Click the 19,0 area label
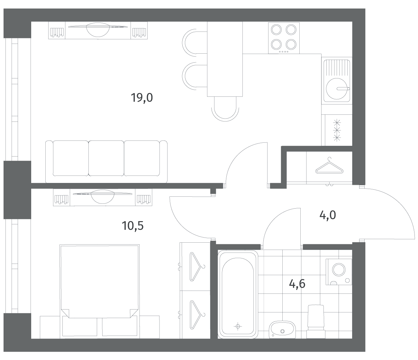point(142,98)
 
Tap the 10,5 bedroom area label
point(133,226)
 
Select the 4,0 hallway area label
point(328,215)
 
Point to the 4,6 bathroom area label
point(297,284)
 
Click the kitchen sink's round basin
point(337,89)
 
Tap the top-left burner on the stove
point(276,30)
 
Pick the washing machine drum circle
point(339,270)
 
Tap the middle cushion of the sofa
point(106,158)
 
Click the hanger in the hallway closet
point(330,166)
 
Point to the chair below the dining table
point(225,109)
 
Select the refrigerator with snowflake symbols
point(337,130)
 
